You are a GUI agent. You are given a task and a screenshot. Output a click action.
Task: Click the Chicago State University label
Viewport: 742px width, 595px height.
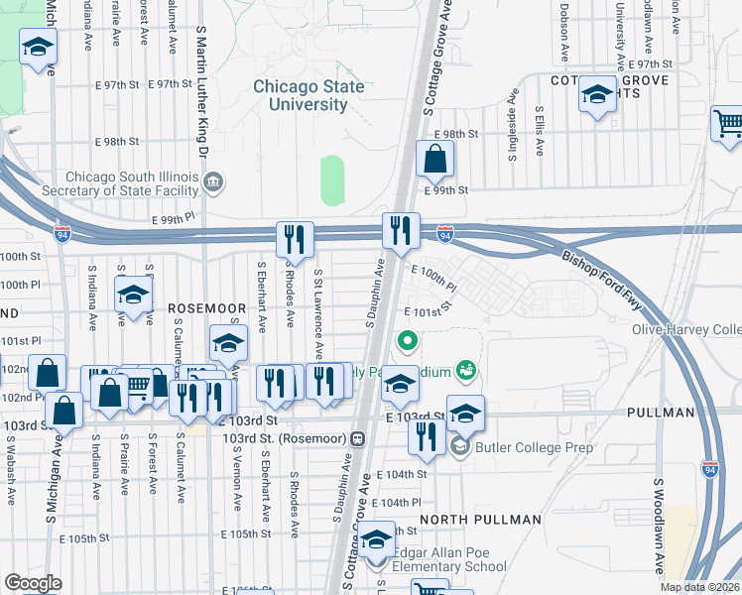coord(308,96)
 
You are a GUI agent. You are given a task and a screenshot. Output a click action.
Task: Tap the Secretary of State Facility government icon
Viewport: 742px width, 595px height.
coord(213,182)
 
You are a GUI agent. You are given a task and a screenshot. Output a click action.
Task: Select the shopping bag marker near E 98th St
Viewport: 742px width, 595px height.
coord(434,159)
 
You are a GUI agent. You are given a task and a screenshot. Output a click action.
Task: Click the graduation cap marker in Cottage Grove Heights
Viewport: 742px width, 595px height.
coord(597,95)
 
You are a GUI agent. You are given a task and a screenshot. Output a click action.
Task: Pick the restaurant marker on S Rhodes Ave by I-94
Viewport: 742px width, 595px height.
coord(295,239)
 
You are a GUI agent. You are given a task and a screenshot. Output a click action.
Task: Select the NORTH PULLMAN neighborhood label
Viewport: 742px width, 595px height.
coord(480,519)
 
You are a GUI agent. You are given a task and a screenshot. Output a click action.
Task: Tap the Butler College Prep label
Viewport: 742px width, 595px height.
coord(535,448)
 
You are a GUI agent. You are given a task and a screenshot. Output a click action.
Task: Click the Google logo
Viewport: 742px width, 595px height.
coord(33,583)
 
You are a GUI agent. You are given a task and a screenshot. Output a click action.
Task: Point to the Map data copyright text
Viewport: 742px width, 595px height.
coord(699,587)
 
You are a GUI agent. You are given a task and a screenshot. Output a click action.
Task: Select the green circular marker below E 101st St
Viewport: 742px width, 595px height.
coord(406,343)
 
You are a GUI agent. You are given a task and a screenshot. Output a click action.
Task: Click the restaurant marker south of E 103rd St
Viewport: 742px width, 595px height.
coord(427,436)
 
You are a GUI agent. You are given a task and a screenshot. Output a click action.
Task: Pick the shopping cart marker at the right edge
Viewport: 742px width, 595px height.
coord(727,125)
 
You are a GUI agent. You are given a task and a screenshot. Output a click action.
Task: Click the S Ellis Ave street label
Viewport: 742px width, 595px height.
coord(539,131)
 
